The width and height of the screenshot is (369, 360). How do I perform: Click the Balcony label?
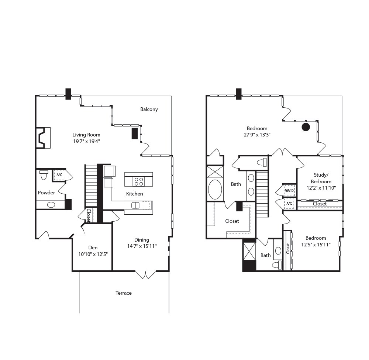(x=149, y=109)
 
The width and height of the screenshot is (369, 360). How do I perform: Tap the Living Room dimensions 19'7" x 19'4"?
(x=86, y=141)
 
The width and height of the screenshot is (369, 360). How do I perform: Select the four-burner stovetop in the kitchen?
(x=139, y=181)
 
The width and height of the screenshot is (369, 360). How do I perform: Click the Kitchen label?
(x=134, y=194)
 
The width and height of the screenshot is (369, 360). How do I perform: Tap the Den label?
(x=93, y=247)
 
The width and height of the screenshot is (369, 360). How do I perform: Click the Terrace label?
(x=123, y=293)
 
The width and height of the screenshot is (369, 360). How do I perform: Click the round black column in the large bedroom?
(x=306, y=127)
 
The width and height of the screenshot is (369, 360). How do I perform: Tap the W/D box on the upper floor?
(x=289, y=191)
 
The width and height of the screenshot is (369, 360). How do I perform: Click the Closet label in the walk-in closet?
(x=232, y=221)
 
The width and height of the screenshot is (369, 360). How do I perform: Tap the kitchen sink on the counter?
(x=135, y=205)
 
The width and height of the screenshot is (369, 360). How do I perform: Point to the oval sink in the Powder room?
(x=51, y=205)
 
